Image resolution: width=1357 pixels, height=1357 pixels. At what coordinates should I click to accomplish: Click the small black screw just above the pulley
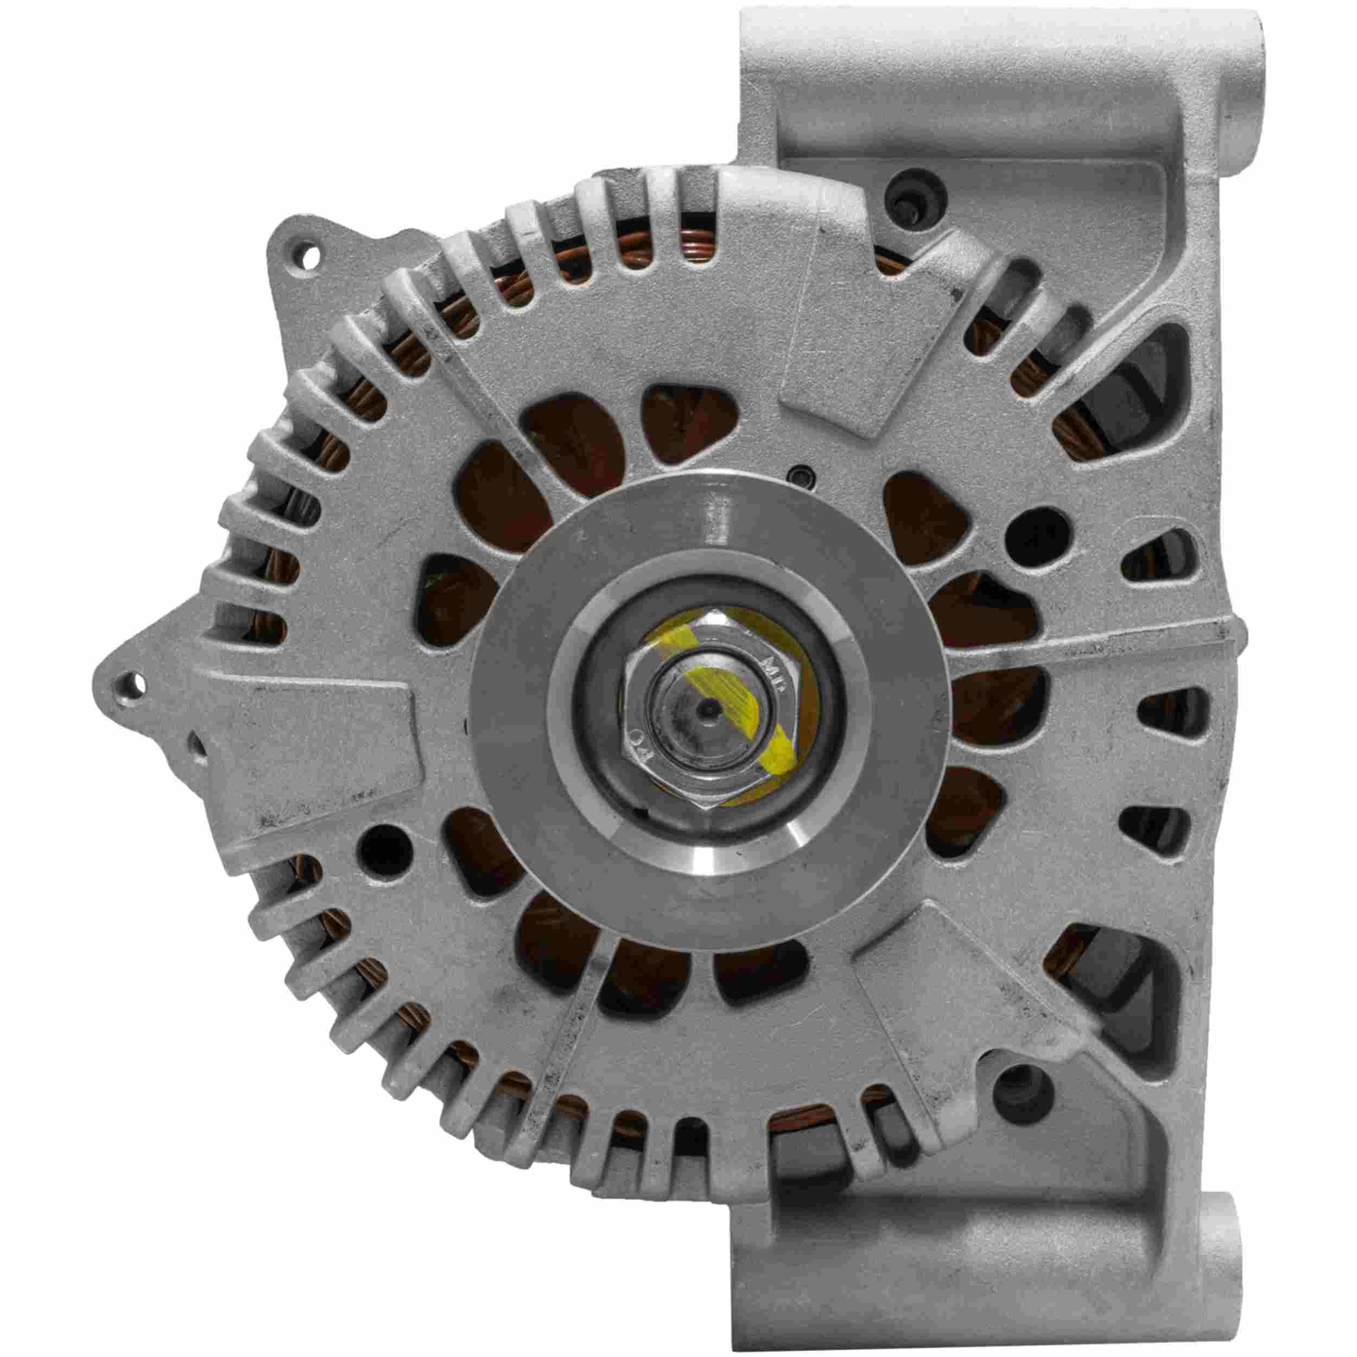801,478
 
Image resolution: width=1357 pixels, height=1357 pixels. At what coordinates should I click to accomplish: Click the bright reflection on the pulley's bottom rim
716,871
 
